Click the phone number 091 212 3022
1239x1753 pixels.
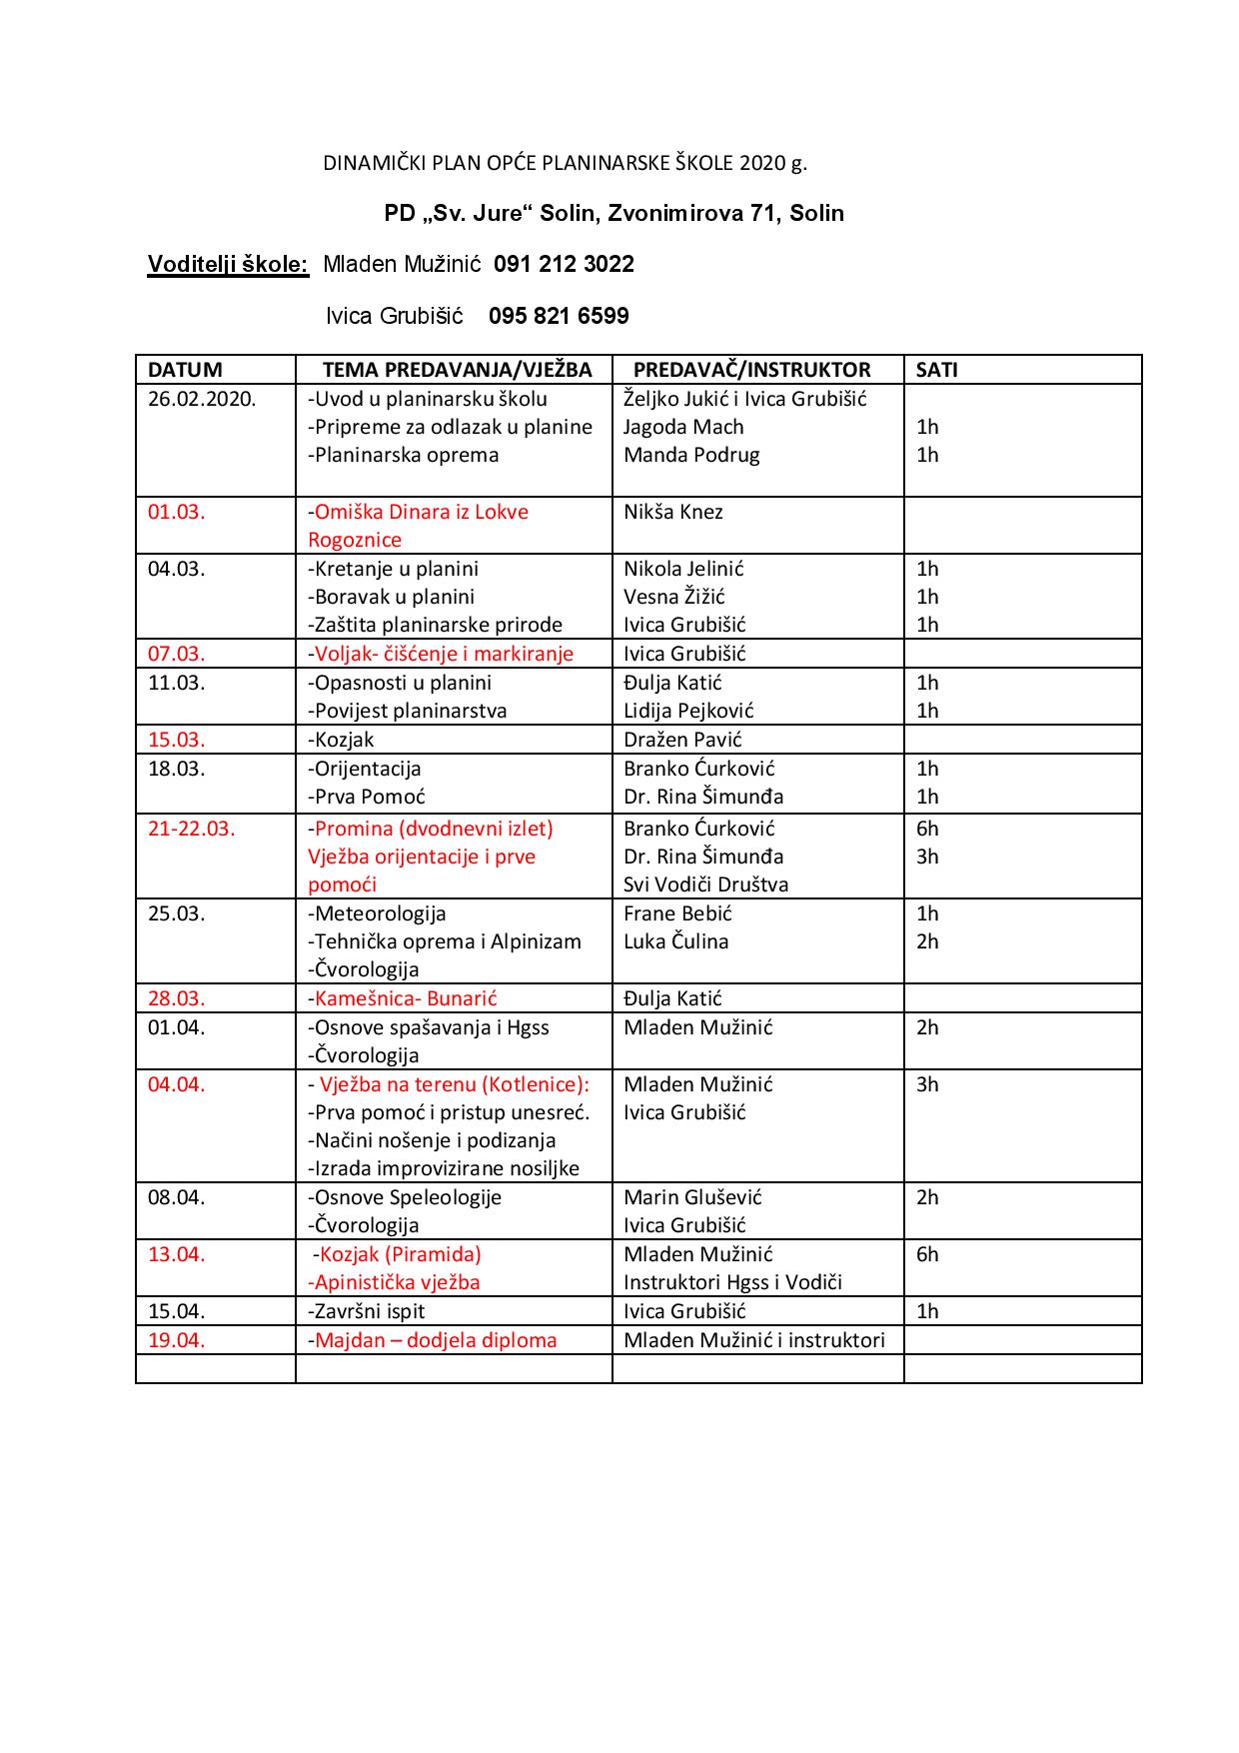coord(564,265)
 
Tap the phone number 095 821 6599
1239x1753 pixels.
coord(559,317)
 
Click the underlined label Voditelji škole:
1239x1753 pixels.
coord(228,265)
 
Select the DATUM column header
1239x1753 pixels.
coord(185,370)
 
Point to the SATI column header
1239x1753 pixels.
coord(936,370)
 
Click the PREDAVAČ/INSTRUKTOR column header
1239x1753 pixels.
coord(751,370)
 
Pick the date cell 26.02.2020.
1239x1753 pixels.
coord(202,399)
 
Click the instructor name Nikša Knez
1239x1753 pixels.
coord(672,513)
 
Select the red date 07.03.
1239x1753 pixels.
coord(176,655)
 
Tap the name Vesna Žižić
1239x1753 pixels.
coord(674,598)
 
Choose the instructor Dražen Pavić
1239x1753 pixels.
coord(682,741)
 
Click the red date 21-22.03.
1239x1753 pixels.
coord(191,830)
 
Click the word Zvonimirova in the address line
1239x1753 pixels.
coord(674,214)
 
